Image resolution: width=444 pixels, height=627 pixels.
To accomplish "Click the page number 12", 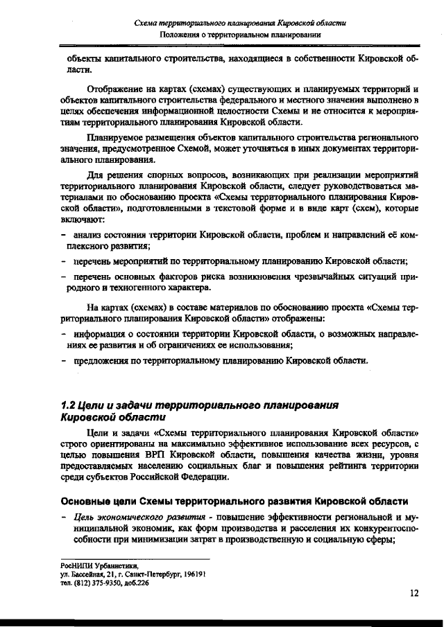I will (x=413, y=593).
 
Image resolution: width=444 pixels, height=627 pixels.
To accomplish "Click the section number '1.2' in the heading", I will (x=69, y=405).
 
